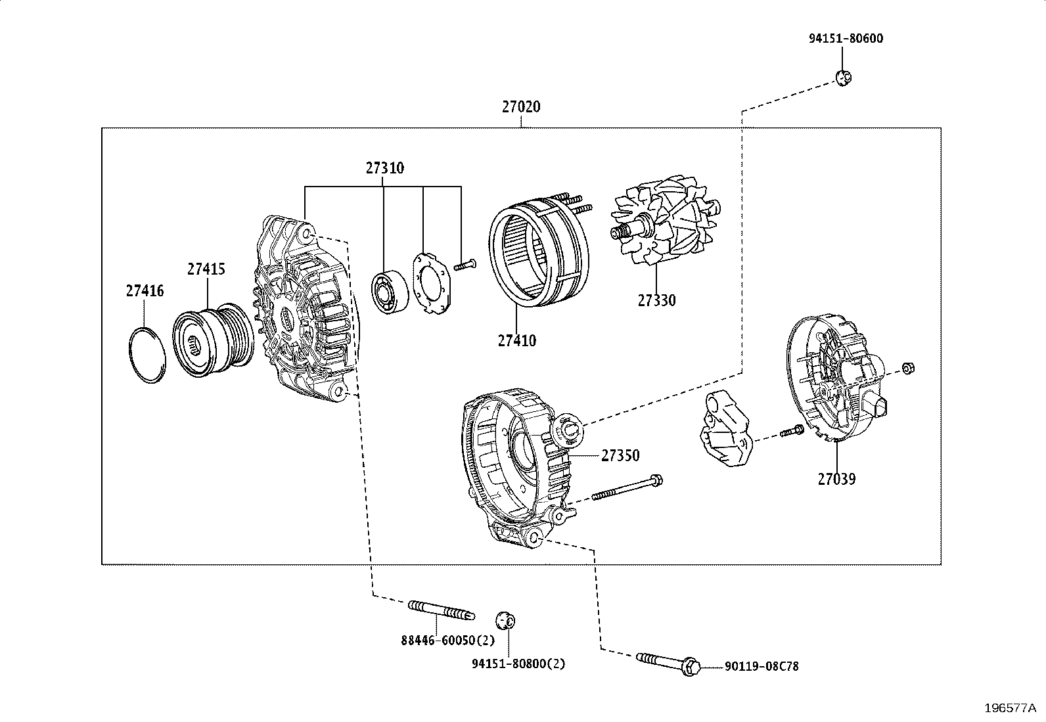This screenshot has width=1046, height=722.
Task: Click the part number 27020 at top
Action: coord(521,106)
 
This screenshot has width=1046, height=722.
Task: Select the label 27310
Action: coord(385,168)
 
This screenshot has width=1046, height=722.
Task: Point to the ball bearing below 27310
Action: coord(390,292)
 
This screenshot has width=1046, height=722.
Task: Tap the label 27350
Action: coord(620,455)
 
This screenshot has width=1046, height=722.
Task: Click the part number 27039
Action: coord(836,479)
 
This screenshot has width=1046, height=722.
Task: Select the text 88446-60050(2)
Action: coord(447,640)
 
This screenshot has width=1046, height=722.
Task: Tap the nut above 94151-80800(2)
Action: coord(505,619)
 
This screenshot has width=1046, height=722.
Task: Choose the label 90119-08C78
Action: coord(762,666)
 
